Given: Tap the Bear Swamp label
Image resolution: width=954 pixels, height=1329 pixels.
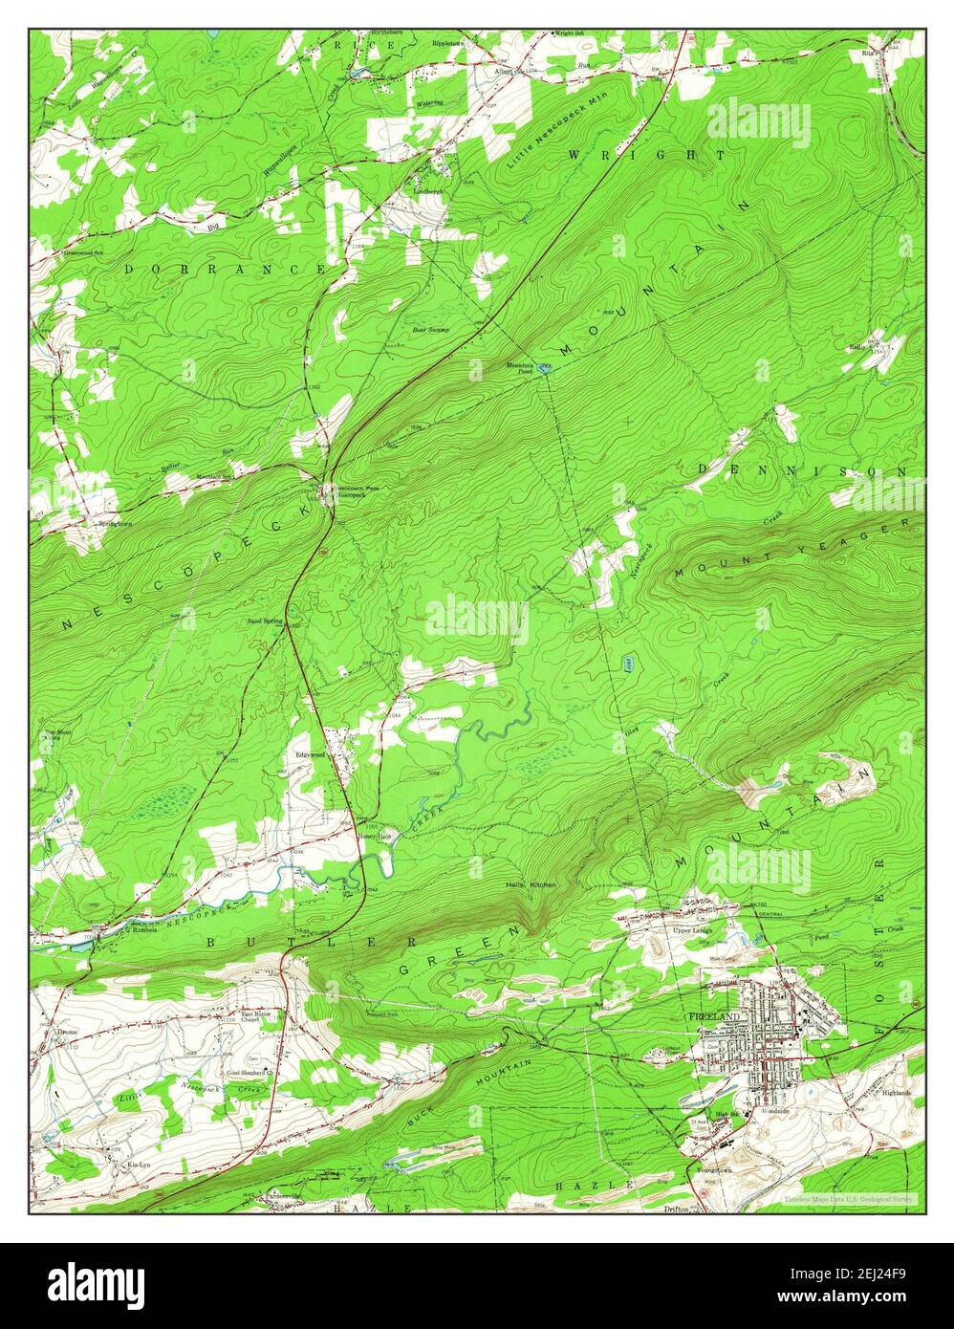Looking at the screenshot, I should pos(430,330).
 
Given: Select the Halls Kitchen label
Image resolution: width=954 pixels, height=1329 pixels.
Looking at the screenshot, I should pos(531,885).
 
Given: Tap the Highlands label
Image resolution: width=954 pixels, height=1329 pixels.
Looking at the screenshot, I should pos(896,1092).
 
